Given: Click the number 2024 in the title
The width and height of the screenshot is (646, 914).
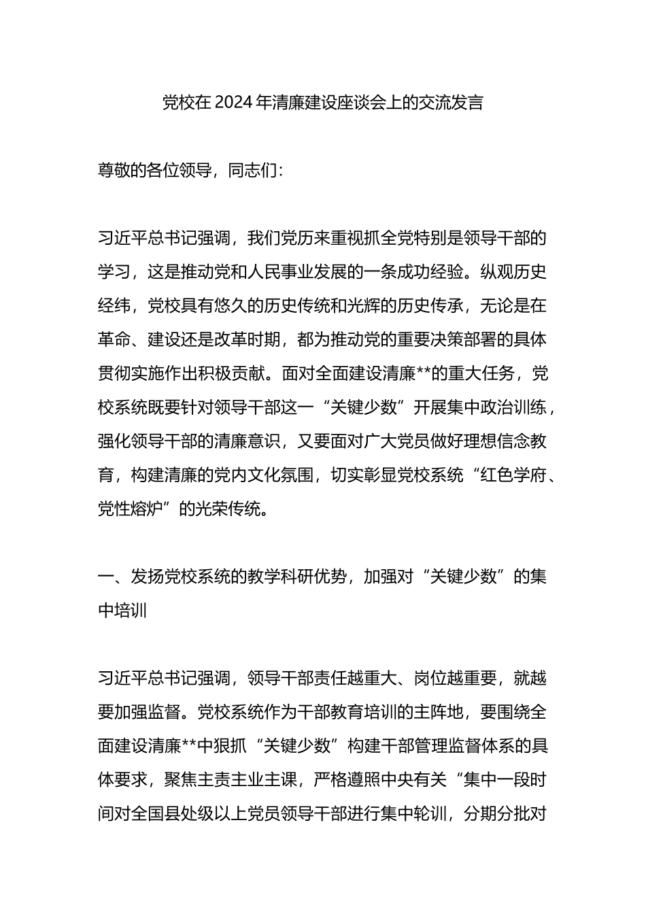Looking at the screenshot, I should tap(233, 103).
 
